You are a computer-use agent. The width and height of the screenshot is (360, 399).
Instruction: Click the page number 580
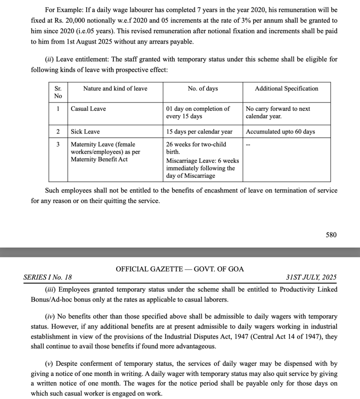pos(331,235)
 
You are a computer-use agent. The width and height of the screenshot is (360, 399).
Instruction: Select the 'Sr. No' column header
pos(58,92)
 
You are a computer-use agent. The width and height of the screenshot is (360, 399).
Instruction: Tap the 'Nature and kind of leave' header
pos(115,88)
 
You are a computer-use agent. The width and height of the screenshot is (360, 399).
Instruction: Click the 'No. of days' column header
pos(202,88)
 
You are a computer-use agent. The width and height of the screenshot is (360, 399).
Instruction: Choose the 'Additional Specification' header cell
pos(286,88)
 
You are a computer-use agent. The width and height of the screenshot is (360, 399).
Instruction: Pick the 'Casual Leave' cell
pos(88,109)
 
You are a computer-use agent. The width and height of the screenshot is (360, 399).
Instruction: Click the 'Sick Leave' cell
pos(85,132)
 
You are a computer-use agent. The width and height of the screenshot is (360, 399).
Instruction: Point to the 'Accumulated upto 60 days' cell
pos(280,132)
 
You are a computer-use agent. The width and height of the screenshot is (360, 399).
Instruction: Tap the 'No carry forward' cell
pos(278,112)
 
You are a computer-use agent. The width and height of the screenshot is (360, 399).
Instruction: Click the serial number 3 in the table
pos(58,144)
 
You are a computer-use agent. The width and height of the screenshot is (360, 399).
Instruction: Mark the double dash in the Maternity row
pos(248,145)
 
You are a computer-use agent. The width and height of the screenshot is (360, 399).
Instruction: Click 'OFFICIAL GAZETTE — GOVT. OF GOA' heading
pos(180,269)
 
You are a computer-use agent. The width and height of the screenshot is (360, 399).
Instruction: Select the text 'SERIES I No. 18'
pos(48,277)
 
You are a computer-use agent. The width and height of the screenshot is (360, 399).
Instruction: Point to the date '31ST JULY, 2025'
pos(311,277)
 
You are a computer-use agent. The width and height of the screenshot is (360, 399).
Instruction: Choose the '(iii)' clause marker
pos(50,290)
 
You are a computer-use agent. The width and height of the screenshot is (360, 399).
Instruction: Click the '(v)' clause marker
pos(49,364)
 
